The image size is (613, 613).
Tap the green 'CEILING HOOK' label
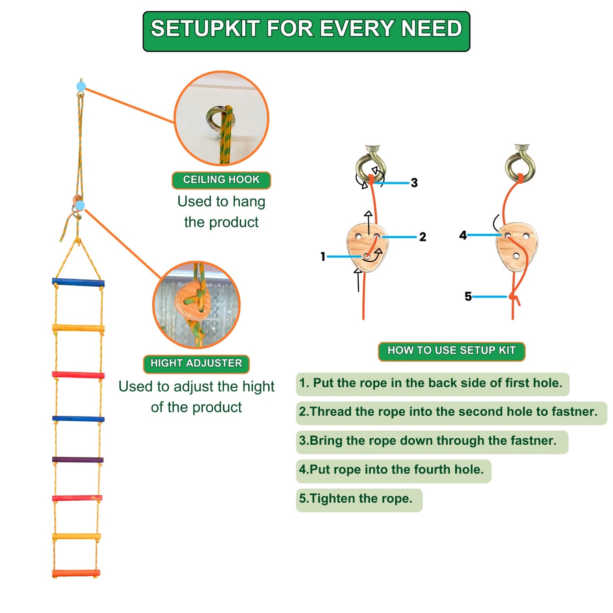(221, 180)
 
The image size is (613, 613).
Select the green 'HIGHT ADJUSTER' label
(196, 364)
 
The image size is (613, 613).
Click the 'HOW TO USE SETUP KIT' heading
(451, 351)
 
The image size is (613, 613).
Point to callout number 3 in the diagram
(414, 183)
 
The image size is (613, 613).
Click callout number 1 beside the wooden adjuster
(323, 256)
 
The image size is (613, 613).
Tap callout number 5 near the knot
(468, 296)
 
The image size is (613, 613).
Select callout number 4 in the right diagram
(463, 235)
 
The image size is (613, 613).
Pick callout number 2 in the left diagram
(423, 237)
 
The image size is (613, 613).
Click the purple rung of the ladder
(78, 460)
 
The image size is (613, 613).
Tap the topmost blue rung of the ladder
(78, 282)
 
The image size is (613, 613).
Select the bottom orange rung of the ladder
(76, 574)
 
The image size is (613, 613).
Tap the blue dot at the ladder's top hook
(81, 87)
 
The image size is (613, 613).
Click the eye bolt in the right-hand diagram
(520, 163)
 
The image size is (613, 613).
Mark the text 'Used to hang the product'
(221, 212)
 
